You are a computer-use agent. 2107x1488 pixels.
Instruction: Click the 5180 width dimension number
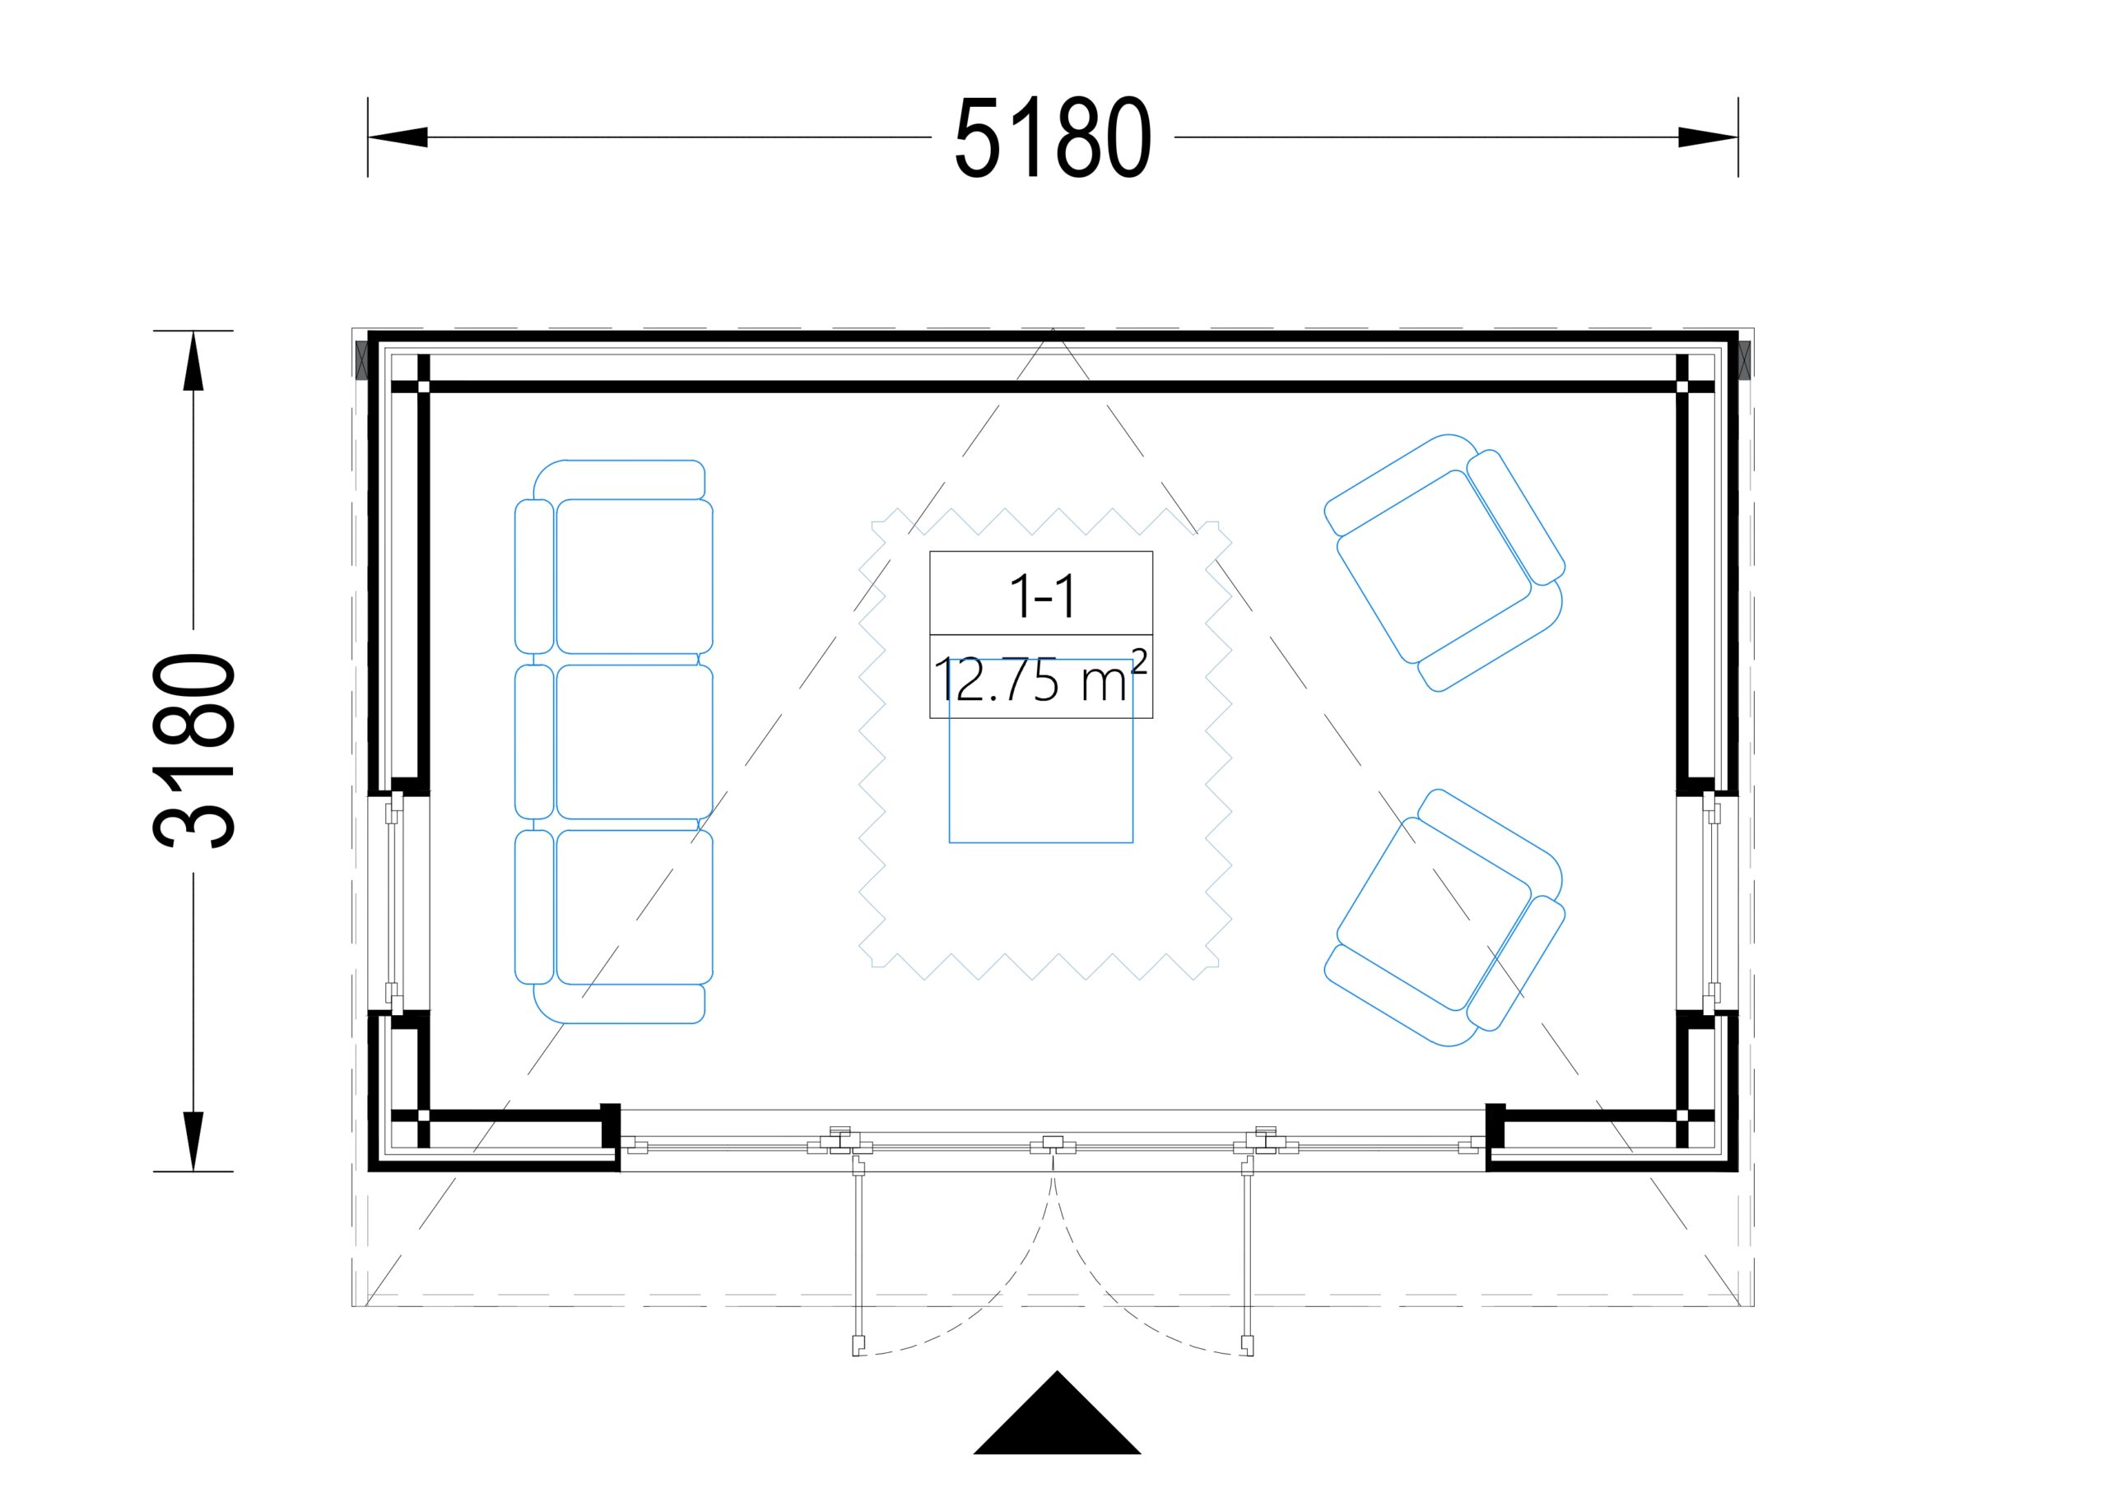coord(1053,137)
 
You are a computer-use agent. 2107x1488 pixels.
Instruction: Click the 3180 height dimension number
coord(193,750)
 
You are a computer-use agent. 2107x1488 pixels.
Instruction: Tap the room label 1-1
coord(1042,596)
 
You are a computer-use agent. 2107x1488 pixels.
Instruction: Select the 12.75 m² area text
coord(1040,679)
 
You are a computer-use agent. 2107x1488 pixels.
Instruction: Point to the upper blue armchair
coord(1444,562)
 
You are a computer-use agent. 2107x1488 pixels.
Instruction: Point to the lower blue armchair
coord(1444,917)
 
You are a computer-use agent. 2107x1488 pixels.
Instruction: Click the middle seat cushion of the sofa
coord(634,741)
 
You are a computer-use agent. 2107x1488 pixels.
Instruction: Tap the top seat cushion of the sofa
coord(634,576)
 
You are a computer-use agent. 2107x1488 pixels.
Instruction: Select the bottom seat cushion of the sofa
coord(634,907)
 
